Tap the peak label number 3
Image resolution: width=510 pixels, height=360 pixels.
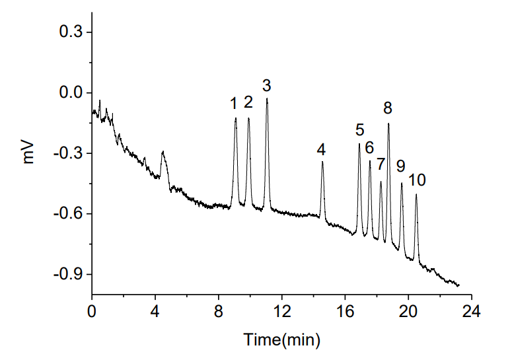266,85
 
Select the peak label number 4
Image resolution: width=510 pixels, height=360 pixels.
320,149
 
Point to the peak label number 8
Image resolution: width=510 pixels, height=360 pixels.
388,107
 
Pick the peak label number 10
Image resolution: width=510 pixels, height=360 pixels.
417,180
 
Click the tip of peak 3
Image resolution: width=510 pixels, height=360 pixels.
267,98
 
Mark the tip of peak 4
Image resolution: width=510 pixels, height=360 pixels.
322,162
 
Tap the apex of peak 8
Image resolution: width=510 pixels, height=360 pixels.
388,124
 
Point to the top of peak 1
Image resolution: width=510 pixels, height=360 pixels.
235,118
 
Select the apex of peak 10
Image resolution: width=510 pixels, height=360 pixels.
416,194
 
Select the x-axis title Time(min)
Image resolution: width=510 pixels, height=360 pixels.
282,340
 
